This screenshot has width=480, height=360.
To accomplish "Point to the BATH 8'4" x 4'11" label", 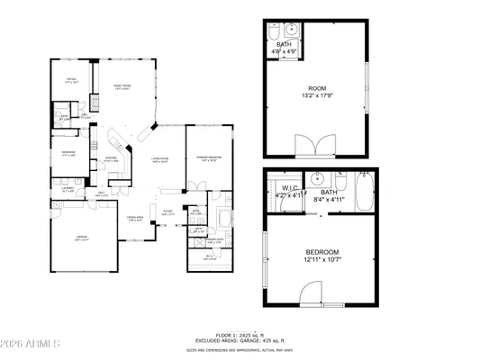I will point(329,195).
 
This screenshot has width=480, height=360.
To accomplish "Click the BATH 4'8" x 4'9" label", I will point(285,49).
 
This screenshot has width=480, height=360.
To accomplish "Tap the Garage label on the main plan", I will point(82,238).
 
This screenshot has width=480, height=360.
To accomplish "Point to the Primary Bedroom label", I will point(209,158).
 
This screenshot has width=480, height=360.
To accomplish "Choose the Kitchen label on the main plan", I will point(113,158).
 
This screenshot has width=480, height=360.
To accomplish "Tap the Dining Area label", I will point(135,219).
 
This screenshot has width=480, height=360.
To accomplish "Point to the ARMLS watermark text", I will point(32,343).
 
